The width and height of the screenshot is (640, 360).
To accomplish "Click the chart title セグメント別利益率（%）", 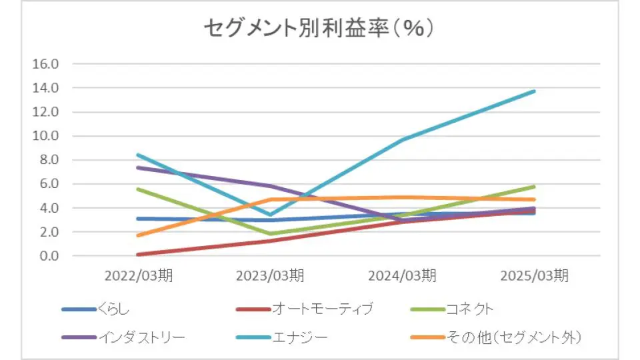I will coord(319,29).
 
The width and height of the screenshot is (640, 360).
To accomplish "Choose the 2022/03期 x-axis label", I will coord(138,275).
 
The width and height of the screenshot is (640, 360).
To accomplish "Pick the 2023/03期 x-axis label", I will coord(270,275).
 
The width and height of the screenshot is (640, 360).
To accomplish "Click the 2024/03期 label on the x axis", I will coord(402,275).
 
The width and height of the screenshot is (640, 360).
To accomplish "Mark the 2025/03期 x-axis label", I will coord(534,275).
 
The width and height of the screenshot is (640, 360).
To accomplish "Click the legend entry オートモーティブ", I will coord(323,309).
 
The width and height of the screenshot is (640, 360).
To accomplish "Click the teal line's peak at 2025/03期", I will coord(534,91).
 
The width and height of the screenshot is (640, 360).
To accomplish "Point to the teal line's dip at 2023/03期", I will coord(270,215).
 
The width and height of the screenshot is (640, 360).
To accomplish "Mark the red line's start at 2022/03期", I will coord(138,255).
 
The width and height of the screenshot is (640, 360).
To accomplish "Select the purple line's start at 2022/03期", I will coord(138,167).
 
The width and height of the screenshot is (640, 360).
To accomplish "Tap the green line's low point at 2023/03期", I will coord(270,234).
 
